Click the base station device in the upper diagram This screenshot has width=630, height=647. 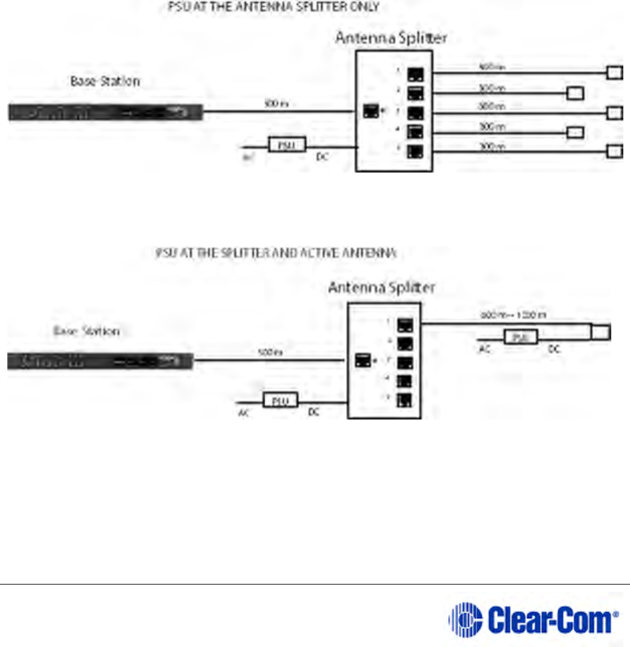[105, 112]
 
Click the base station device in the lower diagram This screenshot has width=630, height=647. [100, 362]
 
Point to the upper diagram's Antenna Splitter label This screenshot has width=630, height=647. [391, 38]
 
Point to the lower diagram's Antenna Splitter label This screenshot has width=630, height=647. [381, 287]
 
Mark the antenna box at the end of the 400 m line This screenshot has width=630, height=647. [615, 72]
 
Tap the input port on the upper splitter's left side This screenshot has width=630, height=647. [370, 111]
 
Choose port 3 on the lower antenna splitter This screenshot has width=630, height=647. [405, 364]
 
